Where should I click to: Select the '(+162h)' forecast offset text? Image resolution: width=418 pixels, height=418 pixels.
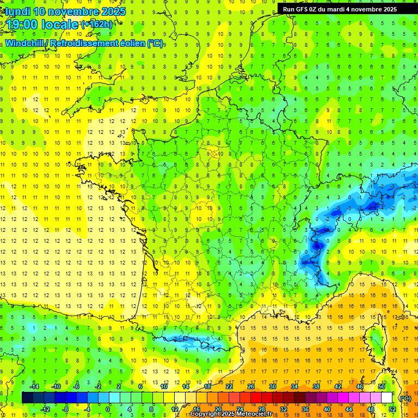coord(96,24)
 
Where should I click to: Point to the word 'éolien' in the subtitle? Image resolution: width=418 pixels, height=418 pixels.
coord(132,43)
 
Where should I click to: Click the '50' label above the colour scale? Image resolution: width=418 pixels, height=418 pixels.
coord(381,386)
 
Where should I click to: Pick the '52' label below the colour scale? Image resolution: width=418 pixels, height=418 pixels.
coord(392,409)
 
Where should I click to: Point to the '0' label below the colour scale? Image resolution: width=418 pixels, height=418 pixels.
coord(108,409)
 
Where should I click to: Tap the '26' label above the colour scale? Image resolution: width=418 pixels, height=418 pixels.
coord(250,386)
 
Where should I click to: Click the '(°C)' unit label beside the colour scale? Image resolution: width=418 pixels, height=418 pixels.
coord(405,398)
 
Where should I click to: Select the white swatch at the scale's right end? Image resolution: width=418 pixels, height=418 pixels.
coord(387,398)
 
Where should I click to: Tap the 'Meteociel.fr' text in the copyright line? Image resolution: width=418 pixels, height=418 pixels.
coord(254,414)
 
